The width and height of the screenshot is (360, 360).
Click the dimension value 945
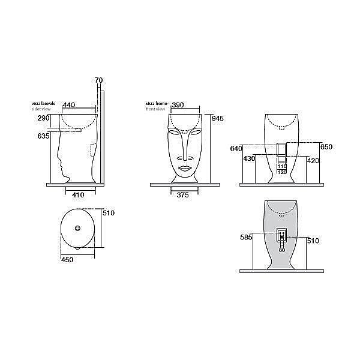tap(217, 118)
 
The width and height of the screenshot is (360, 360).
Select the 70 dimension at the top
tap(99, 80)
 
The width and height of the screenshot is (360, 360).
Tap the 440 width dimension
tap(69, 105)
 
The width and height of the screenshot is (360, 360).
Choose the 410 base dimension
tap(77, 194)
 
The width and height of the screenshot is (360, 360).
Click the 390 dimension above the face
tap(178, 105)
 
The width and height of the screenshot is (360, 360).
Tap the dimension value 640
tap(235, 148)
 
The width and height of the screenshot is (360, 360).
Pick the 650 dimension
tap(326, 146)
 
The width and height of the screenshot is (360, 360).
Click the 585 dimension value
tap(246, 238)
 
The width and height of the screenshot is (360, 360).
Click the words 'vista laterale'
tap(43, 104)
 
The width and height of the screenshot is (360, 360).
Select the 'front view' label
tap(154, 110)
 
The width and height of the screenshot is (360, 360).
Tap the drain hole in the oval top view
tap(78, 228)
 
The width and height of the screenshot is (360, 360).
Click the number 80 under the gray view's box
tap(282, 249)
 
